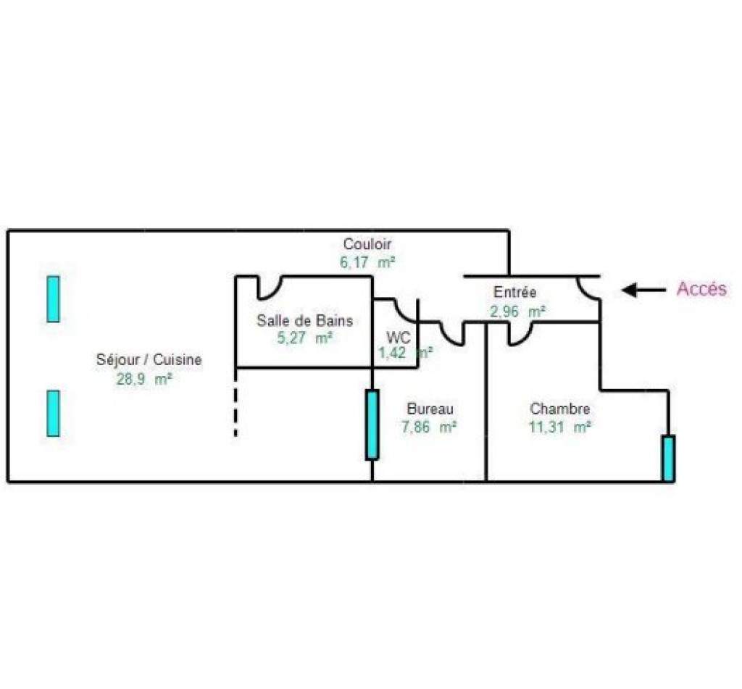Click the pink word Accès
(701, 288)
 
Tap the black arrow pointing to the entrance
(643, 290)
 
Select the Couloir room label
(367, 244)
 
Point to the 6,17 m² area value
(367, 262)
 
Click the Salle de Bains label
(305, 320)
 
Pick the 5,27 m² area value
(305, 338)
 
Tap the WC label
(398, 338)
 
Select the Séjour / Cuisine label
(149, 359)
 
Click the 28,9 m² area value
(144, 379)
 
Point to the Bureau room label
(430, 409)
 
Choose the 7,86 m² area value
(429, 427)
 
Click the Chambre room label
(560, 409)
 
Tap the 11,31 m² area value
(559, 427)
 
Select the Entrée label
(515, 292)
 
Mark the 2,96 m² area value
(517, 312)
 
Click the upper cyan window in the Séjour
(54, 299)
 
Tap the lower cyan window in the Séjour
(54, 413)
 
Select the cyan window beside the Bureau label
(372, 425)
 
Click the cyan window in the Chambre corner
(668, 458)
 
